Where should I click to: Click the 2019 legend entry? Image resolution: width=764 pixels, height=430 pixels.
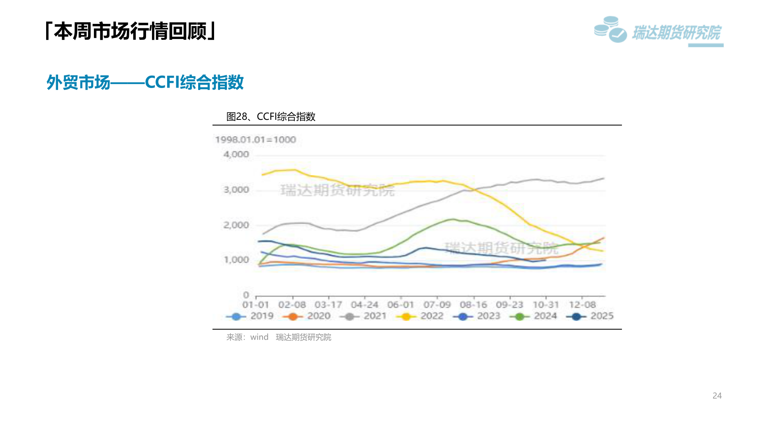tap(250, 316)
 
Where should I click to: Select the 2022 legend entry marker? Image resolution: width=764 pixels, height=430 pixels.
tap(406, 317)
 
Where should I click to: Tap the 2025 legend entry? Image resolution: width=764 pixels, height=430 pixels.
tap(590, 316)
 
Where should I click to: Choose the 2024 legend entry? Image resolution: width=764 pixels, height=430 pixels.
tap(533, 316)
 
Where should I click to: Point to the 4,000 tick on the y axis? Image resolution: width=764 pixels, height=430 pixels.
tap(236, 154)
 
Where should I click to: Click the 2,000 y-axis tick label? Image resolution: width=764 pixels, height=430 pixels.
tap(236, 225)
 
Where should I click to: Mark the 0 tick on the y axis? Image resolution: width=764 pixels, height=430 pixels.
tap(246, 295)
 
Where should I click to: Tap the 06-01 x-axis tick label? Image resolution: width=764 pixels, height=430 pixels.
tap(401, 305)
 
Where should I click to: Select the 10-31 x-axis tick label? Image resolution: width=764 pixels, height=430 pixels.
tap(546, 305)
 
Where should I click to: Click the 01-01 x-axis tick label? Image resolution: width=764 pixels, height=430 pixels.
tap(256, 305)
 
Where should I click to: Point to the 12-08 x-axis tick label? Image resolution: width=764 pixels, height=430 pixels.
tap(582, 305)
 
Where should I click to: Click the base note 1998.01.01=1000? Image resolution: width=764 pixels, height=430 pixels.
tap(255, 140)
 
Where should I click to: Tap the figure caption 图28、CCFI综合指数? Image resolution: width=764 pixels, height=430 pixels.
tap(271, 117)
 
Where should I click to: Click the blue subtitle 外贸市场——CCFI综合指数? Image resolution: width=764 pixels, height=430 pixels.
tap(145, 82)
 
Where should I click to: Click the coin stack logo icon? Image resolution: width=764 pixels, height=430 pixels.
tap(610, 29)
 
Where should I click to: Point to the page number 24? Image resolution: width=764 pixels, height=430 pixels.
tap(717, 396)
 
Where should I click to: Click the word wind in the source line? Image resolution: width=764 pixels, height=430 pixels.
tap(259, 337)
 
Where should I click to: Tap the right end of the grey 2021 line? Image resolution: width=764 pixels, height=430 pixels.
tap(604, 178)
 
